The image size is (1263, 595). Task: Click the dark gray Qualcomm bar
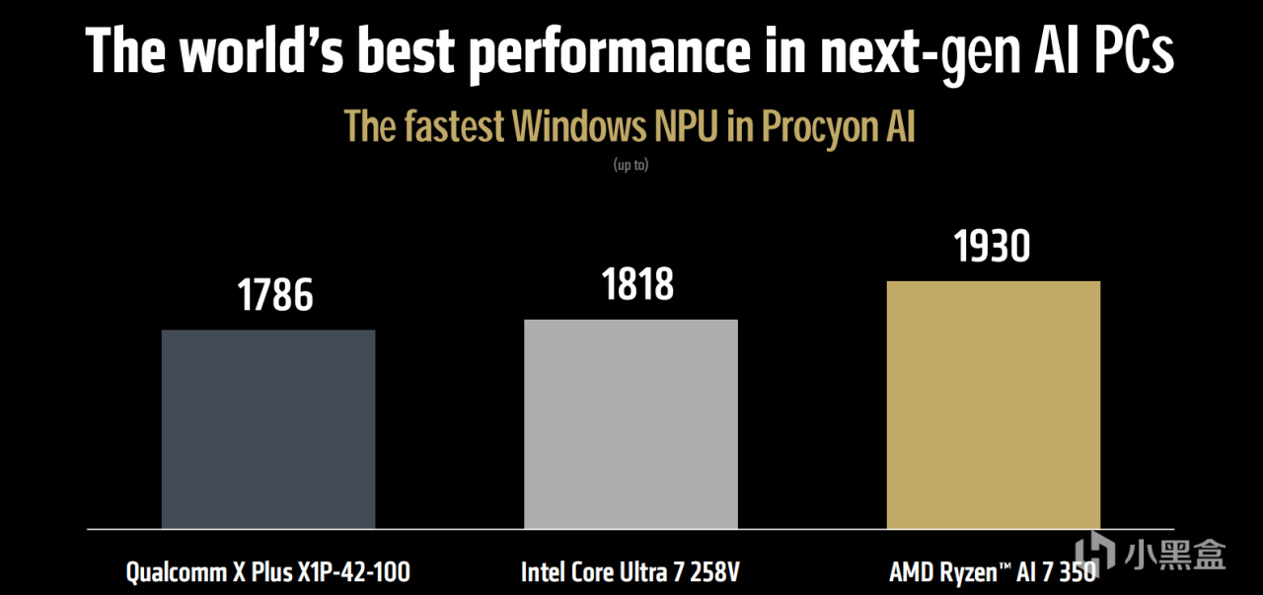click(x=268, y=429)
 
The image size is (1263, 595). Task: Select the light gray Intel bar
click(x=631, y=424)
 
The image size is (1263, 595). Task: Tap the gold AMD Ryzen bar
click(x=993, y=405)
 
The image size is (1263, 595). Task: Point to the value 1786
click(x=275, y=295)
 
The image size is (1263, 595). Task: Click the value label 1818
click(x=637, y=284)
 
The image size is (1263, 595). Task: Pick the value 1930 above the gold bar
click(x=992, y=247)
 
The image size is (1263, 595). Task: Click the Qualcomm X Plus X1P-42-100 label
click(x=267, y=571)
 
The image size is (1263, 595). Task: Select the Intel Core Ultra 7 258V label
click(x=631, y=571)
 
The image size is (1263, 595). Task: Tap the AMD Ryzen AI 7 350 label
click(x=992, y=571)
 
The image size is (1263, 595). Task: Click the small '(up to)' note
click(x=631, y=166)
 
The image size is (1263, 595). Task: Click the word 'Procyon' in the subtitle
click(x=807, y=127)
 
